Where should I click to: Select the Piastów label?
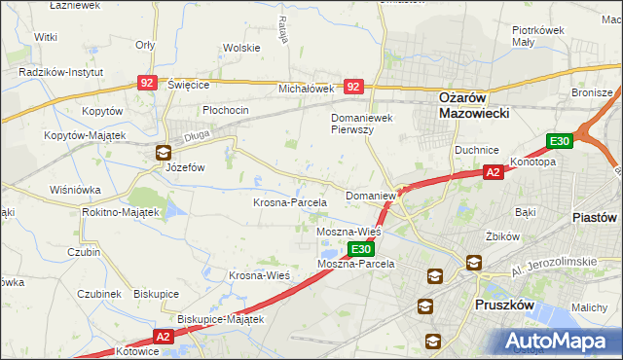coord(596,217)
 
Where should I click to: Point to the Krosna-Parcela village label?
coord(289,202)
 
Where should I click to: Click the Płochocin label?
coord(226,110)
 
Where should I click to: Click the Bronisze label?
coord(592,91)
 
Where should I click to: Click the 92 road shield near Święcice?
coord(147,85)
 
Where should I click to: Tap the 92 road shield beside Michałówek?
coord(353,87)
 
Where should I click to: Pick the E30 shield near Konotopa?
coord(559,142)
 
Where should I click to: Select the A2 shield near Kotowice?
coord(163,336)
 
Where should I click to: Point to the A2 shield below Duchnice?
coord(495,171)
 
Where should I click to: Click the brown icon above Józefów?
coord(163,152)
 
